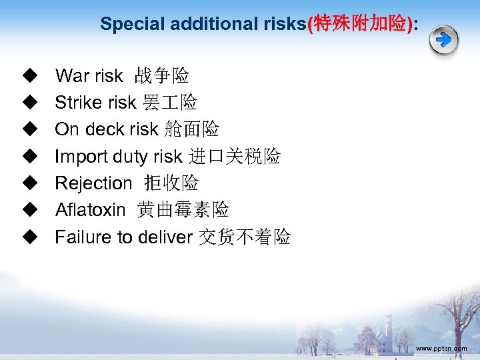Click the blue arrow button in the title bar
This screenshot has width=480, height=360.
click(443, 41)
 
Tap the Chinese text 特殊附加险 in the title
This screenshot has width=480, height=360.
click(360, 24)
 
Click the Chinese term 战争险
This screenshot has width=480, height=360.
click(162, 76)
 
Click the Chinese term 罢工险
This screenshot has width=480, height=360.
click(170, 103)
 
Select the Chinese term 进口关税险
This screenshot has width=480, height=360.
click(234, 157)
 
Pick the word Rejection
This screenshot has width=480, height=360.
click(93, 183)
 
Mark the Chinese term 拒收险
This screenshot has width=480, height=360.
click(171, 183)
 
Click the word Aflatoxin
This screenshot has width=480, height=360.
click(90, 210)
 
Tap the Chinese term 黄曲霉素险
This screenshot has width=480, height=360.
click(183, 210)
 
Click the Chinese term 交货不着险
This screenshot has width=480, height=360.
click(245, 237)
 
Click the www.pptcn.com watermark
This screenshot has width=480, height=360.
click(441, 349)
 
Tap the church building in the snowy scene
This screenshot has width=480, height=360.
click(385, 333)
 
